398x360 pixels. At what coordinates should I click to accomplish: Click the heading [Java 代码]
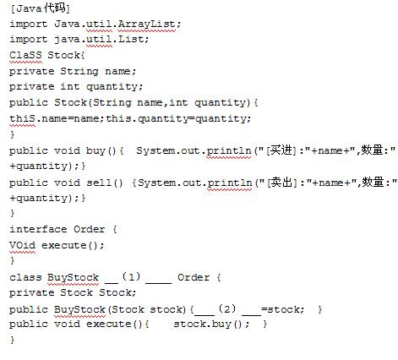point(41,8)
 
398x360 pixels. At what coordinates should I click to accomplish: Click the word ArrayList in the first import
point(146,24)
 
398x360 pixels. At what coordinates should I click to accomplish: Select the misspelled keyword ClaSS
point(25,55)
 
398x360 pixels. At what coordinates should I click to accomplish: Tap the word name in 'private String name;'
point(117,71)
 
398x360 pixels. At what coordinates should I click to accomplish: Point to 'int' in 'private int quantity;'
point(70,86)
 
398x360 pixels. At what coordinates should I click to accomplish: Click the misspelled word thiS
point(23,118)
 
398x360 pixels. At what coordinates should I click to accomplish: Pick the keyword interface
point(38,229)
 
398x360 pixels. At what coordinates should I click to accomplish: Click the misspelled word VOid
point(23,245)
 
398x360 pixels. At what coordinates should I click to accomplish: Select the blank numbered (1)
point(138,277)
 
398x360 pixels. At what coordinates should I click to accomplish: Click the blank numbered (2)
point(227,309)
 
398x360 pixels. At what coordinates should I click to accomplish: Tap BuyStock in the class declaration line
point(73,278)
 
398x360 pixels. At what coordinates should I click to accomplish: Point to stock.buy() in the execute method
point(211,324)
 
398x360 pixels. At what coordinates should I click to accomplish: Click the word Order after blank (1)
point(194,277)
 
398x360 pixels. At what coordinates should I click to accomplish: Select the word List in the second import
point(131,39)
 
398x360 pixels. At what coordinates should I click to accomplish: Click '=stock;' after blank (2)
point(283,310)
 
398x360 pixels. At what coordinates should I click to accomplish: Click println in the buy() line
point(229,151)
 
